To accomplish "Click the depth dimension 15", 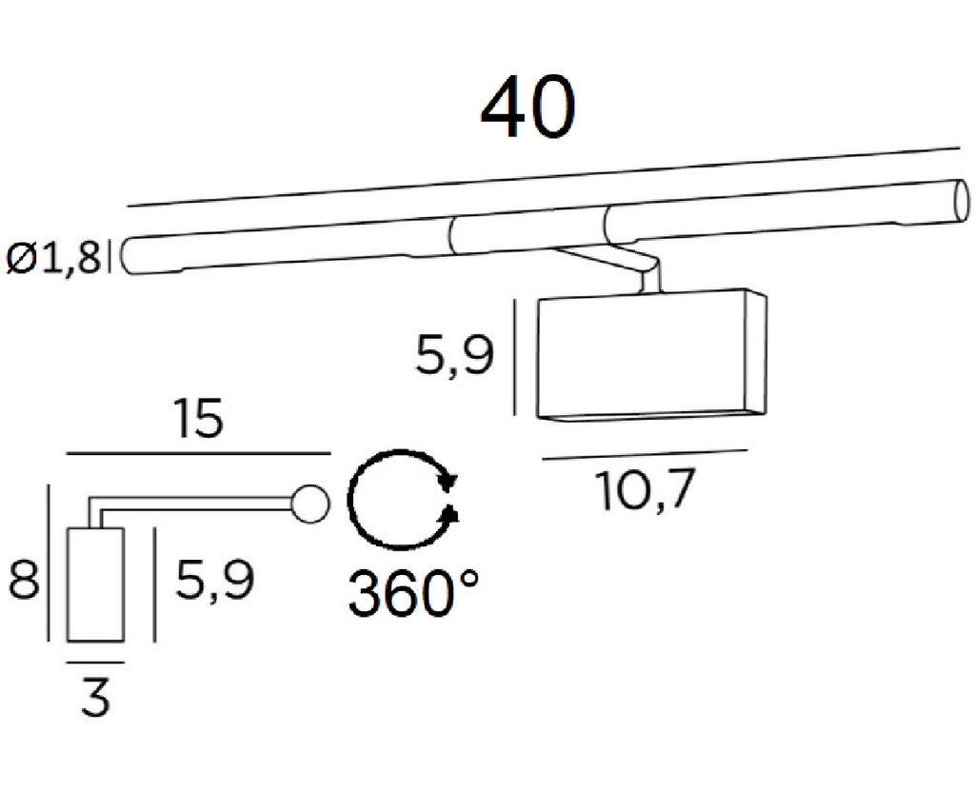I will click(x=198, y=420).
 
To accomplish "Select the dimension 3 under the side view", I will click(x=96, y=698).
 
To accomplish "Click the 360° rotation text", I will click(x=411, y=595).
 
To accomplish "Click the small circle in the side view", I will click(x=309, y=505).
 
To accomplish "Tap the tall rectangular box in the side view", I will click(x=95, y=584).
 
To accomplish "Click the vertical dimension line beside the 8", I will click(x=47, y=563).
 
